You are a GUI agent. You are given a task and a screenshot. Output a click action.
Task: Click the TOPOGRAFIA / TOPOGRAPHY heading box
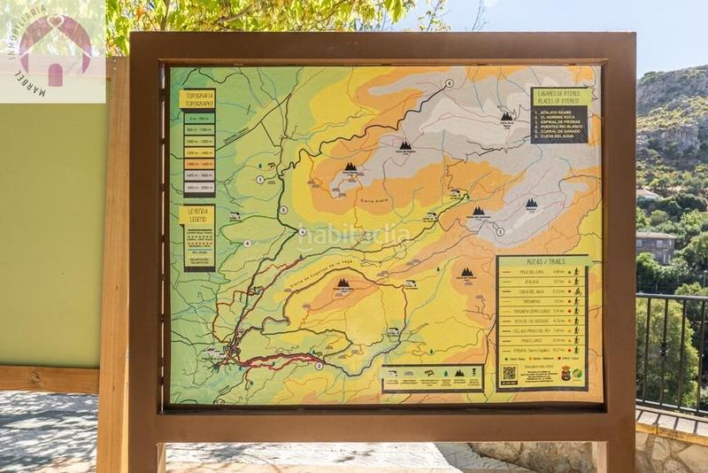click(197, 98)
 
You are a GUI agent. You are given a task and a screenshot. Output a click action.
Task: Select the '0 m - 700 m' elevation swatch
click(199, 118)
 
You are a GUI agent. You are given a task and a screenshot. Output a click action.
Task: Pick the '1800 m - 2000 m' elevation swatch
click(199, 188)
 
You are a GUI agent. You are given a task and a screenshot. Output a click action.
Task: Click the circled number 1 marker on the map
click(260, 179)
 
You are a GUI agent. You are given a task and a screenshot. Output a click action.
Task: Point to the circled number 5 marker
click(283, 210)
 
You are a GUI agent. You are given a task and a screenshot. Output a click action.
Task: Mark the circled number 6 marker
click(450, 83)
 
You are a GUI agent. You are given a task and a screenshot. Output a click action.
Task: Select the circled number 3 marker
click(499, 232)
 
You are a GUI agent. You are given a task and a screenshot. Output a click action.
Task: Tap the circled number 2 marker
click(319, 365)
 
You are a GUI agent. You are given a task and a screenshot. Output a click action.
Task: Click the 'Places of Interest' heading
click(559, 97)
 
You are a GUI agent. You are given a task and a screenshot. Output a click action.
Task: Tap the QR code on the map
click(509, 373)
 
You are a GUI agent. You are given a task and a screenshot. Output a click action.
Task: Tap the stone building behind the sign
click(655, 247)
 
